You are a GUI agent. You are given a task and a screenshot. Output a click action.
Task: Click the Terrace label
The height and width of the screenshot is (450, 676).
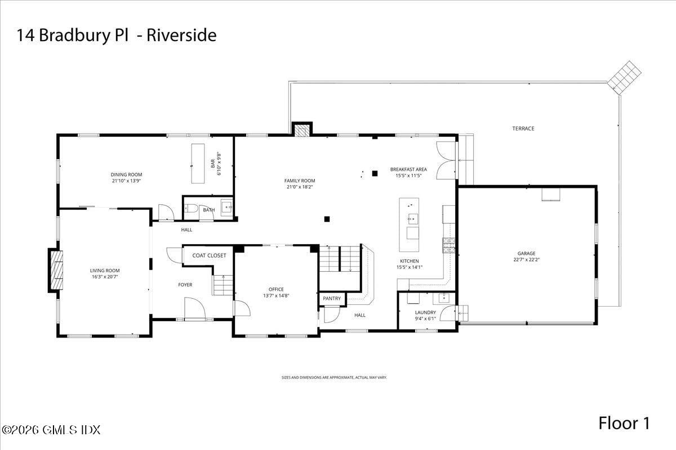tap(523, 129)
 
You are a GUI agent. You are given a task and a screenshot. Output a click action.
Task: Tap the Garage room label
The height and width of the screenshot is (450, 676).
tap(527, 253)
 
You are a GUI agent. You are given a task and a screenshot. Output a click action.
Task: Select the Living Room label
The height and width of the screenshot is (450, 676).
tap(105, 271)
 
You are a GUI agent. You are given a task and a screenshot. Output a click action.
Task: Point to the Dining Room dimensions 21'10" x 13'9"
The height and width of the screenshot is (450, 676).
tap(126, 181)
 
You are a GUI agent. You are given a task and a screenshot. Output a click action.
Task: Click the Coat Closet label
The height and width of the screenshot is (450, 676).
tap(209, 255)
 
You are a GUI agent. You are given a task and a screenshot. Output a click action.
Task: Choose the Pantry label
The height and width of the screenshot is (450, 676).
tap(332, 298)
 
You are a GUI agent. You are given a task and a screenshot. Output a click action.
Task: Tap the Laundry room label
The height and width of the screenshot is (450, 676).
tap(425, 312)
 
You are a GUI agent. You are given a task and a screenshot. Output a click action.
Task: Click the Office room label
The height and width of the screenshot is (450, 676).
tap(276, 289)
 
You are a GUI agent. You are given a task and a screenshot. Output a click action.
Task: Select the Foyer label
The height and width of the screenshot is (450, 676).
tap(185, 285)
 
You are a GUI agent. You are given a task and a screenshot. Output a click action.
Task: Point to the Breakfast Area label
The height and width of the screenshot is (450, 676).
tap(408, 169)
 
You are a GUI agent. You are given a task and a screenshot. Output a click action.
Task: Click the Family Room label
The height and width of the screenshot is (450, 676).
tap(300, 181)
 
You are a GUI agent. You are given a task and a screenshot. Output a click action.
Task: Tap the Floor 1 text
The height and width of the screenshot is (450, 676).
tap(624, 423)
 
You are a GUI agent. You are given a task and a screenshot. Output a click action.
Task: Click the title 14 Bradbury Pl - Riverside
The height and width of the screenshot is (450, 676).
tap(116, 35)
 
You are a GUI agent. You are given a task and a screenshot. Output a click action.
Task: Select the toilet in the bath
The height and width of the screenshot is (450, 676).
tap(191, 209)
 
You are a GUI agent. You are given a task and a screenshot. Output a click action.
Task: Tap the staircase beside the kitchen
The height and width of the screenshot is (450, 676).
tap(340, 259)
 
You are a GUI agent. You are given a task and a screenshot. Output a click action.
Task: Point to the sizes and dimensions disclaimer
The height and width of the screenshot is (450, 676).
tap(334, 377)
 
